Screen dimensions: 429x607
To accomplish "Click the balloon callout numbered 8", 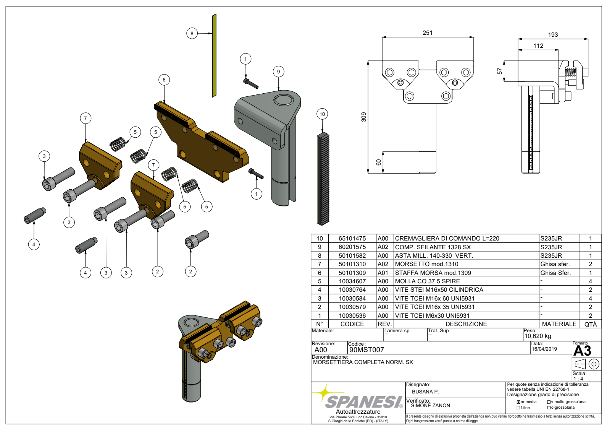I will coord(192,33).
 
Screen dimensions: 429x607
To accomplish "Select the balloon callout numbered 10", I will coord(322,114).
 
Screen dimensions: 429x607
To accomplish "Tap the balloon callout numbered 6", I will coord(164,80).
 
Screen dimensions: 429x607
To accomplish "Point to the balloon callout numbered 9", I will coord(279,71).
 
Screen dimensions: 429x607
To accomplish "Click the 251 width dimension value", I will coord(428,33).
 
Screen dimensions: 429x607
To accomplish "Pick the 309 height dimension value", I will coord(364,117).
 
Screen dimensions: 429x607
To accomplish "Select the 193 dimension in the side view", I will coord(553,35).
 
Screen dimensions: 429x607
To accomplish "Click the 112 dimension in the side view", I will coord(538,46).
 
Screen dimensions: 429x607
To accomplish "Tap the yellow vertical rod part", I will coord(214,55).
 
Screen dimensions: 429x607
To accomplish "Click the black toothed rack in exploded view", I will coord(323,179).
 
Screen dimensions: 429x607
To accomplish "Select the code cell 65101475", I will coord(352,239).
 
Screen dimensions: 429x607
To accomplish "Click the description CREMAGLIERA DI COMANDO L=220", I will coord(447,239).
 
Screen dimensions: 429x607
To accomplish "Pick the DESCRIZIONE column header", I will coord(466,324).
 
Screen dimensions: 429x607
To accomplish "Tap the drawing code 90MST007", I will coord(366,350).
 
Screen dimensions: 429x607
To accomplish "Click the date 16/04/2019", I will coord(544,349).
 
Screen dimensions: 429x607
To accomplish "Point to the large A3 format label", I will coord(582,351).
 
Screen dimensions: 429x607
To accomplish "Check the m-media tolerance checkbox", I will coord(518,402).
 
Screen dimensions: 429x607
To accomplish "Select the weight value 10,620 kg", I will coord(538,336).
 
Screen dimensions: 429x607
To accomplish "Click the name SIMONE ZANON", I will coord(430,406).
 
